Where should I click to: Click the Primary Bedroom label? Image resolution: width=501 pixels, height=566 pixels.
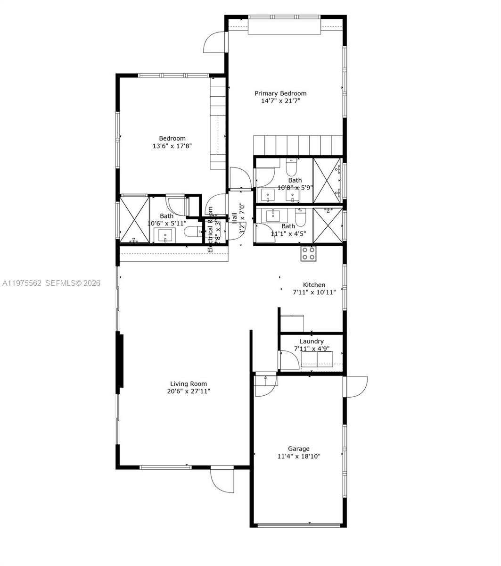coord(280,93)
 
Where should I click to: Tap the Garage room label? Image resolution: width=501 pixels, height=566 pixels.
coord(299,449)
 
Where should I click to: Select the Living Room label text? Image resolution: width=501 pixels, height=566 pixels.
coord(189,384)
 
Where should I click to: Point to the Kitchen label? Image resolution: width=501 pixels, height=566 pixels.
coord(314,285)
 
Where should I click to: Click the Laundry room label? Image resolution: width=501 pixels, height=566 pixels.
coord(312,341)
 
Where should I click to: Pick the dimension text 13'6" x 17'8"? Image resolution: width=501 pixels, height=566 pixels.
coord(172,146)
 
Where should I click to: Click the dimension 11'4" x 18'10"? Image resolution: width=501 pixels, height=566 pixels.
coord(299,456)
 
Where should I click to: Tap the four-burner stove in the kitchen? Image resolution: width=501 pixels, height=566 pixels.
coord(309,253)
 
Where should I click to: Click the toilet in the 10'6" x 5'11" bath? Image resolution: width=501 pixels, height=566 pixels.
coord(191,232)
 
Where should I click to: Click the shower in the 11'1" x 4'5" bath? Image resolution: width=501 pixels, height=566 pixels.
coord(328,225)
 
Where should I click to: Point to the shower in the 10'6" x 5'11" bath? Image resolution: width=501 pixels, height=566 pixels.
coord(134,220)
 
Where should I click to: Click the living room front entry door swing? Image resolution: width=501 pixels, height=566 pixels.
coord(222,480)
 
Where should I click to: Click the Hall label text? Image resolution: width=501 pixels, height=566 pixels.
coord(234,218)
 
